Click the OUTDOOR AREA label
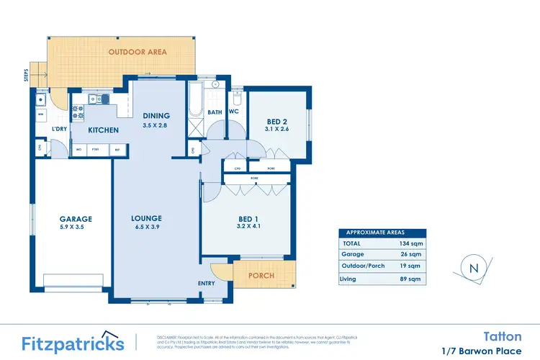tap(138, 52)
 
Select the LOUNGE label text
tap(146, 218)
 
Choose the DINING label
tap(156, 115)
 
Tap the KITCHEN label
tap(103, 130)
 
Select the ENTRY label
tap(206, 283)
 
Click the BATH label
tap(215, 112)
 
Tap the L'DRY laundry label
tap(59, 130)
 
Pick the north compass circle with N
tap(473, 268)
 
